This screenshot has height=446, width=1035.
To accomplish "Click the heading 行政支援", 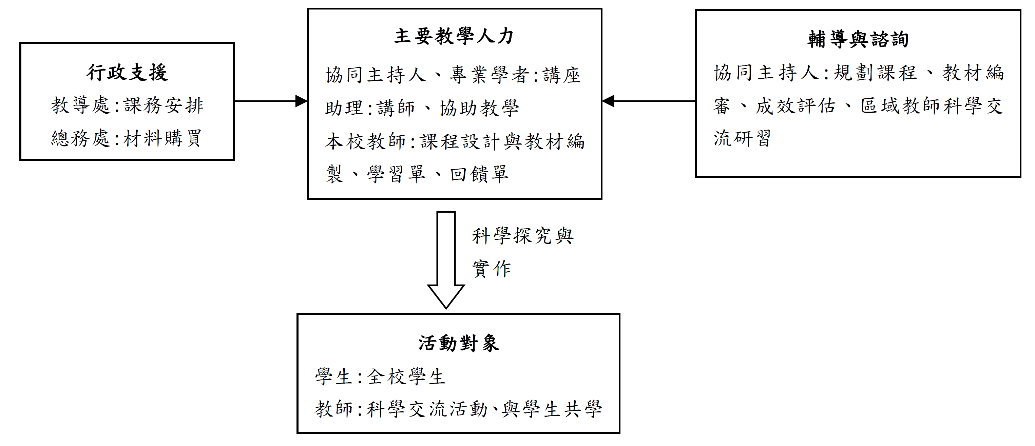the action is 127,73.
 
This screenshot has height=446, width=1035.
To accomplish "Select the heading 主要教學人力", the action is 454,36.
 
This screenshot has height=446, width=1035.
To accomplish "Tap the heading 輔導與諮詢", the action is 858,39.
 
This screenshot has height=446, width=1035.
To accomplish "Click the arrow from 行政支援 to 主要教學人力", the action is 271,101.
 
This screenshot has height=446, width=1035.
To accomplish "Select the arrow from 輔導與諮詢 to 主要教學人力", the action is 649,101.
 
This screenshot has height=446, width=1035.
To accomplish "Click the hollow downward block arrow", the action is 446,260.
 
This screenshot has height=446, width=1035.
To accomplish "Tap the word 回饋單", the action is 479,174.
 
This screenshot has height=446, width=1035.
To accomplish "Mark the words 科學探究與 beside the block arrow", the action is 523,236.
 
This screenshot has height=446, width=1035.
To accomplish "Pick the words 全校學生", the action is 406,377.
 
